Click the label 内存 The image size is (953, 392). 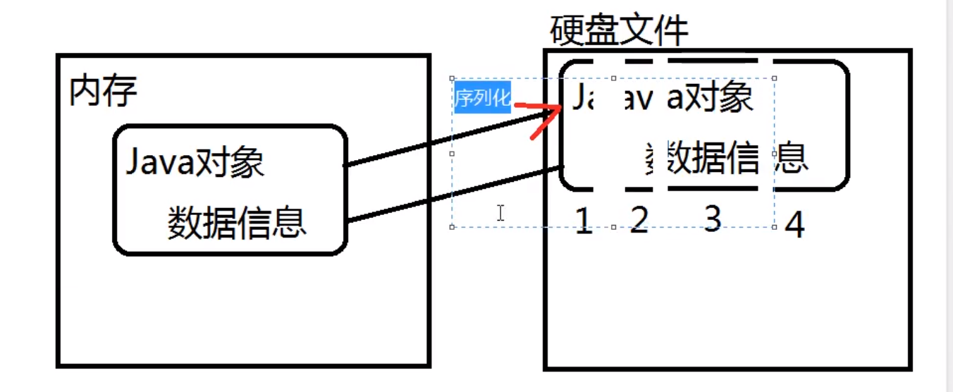(102, 92)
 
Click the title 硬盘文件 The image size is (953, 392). (618, 30)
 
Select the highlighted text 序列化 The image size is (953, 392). (482, 99)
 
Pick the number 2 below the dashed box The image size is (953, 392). (639, 221)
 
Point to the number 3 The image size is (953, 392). (713, 220)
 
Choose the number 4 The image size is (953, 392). (794, 226)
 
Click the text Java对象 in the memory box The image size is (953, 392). (195, 163)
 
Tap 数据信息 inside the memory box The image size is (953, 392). (236, 223)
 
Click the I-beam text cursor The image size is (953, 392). (500, 212)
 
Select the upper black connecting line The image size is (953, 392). (451, 137)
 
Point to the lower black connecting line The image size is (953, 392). (455, 194)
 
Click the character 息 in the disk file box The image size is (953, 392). (792, 158)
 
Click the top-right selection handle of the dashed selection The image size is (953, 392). (775, 78)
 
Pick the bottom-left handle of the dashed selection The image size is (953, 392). (452, 227)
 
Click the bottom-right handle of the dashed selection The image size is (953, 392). (775, 227)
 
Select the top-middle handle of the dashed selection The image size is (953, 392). (613, 78)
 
